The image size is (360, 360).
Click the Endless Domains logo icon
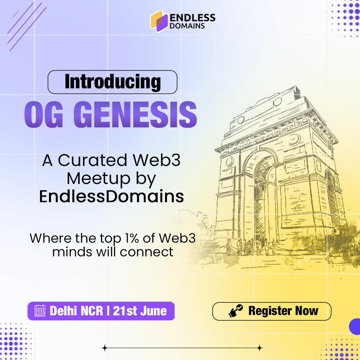coord(159,21)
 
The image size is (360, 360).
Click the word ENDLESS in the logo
coord(192,18)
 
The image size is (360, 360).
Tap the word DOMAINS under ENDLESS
coord(187,26)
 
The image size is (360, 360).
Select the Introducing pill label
coord(113,82)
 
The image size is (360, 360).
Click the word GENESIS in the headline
coord(135,114)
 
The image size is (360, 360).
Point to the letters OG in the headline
coord(44,114)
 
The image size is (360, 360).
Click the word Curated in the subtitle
coord(92,160)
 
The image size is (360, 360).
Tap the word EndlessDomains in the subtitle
coord(112,197)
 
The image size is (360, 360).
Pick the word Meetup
coord(98,178)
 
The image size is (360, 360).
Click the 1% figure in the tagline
coord(132,238)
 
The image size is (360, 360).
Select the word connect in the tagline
coord(146,252)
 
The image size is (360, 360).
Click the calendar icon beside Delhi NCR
coord(40,311)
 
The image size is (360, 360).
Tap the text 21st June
coord(140,311)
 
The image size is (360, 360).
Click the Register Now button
coord(272,311)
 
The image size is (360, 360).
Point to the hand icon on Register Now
coord(236,311)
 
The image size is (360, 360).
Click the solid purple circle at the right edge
coord(355,326)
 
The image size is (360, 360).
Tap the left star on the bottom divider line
coord(105,348)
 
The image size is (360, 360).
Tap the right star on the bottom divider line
coord(260,348)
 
